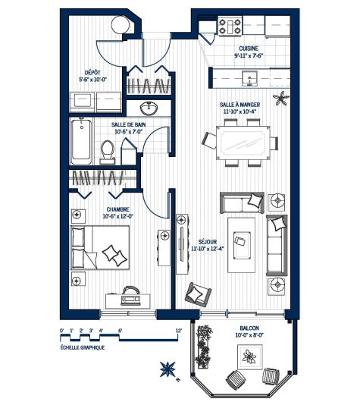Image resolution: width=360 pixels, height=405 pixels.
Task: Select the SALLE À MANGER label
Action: click(x=240, y=105)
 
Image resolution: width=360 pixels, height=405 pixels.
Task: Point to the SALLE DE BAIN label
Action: click(x=128, y=125)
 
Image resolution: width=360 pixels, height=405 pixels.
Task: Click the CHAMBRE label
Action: click(x=118, y=209)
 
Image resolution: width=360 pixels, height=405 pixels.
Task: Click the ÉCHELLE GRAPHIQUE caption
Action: click(x=82, y=347)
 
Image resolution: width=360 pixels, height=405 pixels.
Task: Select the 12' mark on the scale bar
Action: click(x=178, y=331)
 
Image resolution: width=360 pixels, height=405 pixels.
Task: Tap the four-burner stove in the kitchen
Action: click(x=230, y=27)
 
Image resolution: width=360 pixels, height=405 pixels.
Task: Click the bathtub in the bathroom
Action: click(x=83, y=142)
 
